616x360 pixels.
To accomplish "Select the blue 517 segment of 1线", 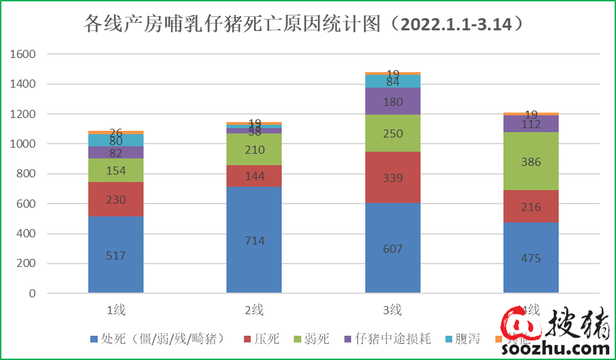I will [x=116, y=255].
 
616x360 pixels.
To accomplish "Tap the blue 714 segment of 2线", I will [x=254, y=240].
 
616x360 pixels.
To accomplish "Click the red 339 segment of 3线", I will [x=393, y=178].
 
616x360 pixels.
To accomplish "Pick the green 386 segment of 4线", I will [x=531, y=161].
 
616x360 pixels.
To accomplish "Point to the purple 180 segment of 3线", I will [x=393, y=102].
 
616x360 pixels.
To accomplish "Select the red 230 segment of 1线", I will [x=116, y=200].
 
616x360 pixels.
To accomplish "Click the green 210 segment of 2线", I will [x=254, y=150].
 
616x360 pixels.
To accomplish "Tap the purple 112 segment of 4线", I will [x=531, y=123].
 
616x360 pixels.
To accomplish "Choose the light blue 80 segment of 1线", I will [x=116, y=140].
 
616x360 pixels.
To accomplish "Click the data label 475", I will [x=531, y=258].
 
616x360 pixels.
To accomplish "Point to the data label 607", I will [x=393, y=249].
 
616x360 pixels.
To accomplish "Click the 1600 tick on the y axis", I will [x=24, y=55].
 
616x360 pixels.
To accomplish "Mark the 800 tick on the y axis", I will [x=26, y=174].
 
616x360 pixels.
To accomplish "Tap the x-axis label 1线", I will [x=116, y=310].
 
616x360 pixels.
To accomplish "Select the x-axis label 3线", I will [x=393, y=310].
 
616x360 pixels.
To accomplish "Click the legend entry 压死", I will [x=267, y=338].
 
